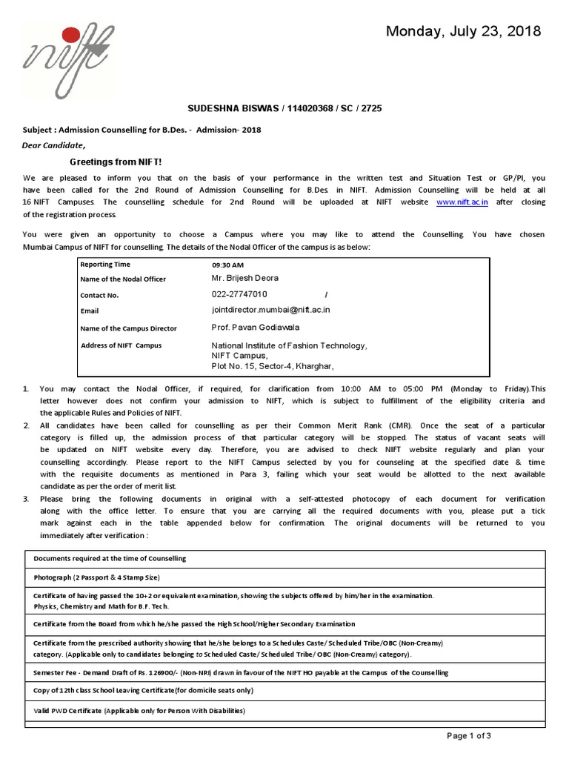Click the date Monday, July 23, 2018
(464, 31)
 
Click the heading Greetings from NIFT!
(115, 162)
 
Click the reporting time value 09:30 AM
(227, 265)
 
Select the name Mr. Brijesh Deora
(245, 279)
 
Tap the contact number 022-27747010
(239, 294)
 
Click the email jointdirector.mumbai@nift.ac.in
(271, 311)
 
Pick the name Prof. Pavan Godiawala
(256, 327)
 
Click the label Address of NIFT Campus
(121, 345)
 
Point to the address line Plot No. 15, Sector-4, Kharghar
(273, 365)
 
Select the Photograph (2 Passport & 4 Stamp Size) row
(96, 577)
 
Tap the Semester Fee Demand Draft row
(241, 672)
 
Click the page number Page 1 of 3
(469, 735)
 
